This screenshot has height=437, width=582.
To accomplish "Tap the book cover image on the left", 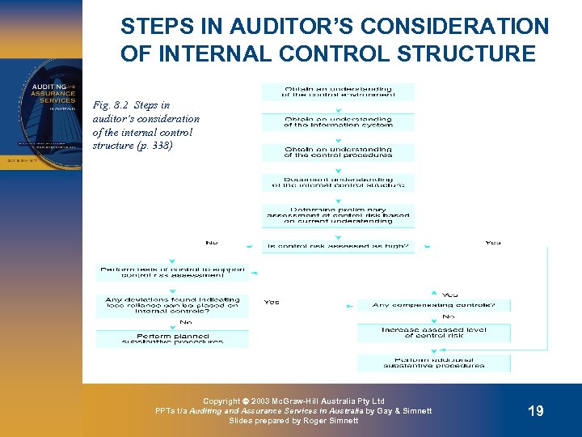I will click(x=40, y=112).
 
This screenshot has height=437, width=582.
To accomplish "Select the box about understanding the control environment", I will click(x=337, y=91).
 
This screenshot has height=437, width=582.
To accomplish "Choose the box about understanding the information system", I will click(x=337, y=122).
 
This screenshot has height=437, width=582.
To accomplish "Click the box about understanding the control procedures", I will click(x=337, y=152).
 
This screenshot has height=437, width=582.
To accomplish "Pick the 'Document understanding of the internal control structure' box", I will click(x=337, y=183).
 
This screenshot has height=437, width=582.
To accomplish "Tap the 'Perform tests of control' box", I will click(x=173, y=273).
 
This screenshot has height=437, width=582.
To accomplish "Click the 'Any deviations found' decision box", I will click(x=172, y=304).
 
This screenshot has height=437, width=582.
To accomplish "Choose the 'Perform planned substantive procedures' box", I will click(x=172, y=338).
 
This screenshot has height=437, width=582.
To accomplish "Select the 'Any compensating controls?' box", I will click(x=441, y=305).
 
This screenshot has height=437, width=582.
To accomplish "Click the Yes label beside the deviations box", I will click(x=272, y=302).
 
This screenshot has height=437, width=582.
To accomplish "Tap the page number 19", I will click(x=535, y=411).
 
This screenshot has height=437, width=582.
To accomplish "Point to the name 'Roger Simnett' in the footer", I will click(x=331, y=421).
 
